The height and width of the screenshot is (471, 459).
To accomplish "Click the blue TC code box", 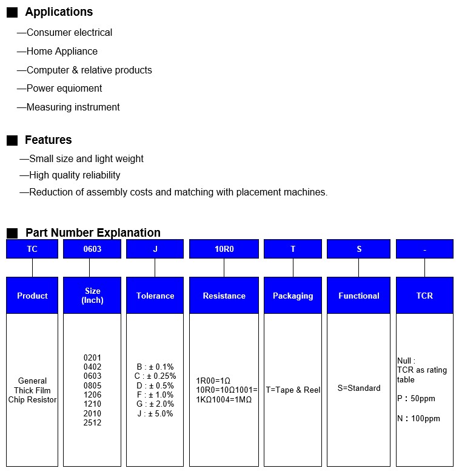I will pyautogui.click(x=32, y=249).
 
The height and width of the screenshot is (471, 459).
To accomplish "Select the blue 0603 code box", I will pyautogui.click(x=92, y=249).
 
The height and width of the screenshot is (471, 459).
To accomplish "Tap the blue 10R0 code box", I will pyautogui.click(x=224, y=249).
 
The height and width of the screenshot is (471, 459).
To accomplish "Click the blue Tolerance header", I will pyautogui.click(x=155, y=296).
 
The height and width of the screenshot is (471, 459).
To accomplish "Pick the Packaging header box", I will pyautogui.click(x=293, y=296).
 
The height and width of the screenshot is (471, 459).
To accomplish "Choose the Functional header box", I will pyautogui.click(x=359, y=296).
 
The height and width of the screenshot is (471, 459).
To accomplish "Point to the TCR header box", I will pyautogui.click(x=424, y=296).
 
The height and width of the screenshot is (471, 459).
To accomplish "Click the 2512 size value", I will pyautogui.click(x=93, y=423).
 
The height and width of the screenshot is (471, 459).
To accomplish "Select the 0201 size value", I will pyautogui.click(x=93, y=357).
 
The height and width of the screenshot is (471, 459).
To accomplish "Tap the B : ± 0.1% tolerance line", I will pyautogui.click(x=155, y=367).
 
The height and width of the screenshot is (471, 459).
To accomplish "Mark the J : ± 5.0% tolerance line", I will pyautogui.click(x=155, y=413).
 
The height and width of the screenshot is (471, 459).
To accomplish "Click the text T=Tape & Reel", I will pyautogui.click(x=293, y=390).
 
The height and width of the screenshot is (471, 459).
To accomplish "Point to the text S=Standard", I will pyautogui.click(x=359, y=388).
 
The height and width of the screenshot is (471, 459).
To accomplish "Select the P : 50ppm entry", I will pyautogui.click(x=416, y=399).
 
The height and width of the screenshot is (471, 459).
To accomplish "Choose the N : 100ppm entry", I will pyautogui.click(x=418, y=418).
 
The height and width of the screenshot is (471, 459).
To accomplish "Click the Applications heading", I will pyautogui.click(x=59, y=12).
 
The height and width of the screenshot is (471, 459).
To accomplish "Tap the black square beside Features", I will pyautogui.click(x=12, y=141).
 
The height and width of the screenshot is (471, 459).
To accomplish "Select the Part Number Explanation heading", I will pyautogui.click(x=93, y=232).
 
